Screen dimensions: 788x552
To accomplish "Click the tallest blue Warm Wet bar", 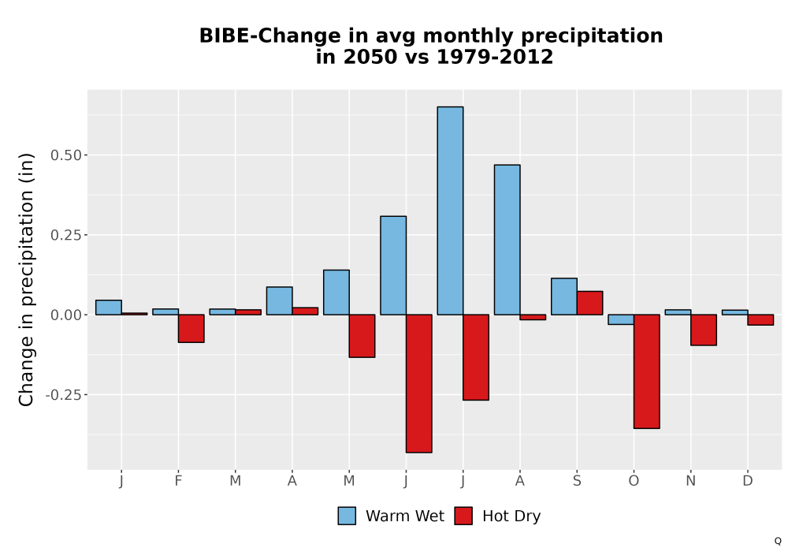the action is pos(450,211).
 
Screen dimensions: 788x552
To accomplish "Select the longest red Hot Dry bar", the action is pos(419,383).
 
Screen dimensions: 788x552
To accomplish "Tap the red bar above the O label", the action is pos(647,371).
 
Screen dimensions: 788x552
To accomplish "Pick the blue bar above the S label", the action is pos(564,297).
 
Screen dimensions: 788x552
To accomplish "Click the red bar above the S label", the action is pos(590,303).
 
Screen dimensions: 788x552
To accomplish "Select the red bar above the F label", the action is pos(191,328).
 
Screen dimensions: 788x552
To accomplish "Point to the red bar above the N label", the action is pos(704,330).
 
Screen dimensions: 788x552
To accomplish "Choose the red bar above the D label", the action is pos(761,319).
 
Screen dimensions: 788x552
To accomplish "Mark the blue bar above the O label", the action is pos(621,319).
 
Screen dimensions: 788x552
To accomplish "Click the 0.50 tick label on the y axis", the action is pos(66,155).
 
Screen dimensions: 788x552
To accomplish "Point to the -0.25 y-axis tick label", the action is pos(63,395).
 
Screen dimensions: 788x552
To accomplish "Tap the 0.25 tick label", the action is pos(66,235).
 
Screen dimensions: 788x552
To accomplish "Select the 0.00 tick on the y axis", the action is pos(66,315).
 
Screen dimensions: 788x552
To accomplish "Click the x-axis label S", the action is pos(577,481).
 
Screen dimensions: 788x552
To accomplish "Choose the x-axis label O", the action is pos(634,481).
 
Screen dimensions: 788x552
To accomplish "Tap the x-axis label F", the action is pos(178,481).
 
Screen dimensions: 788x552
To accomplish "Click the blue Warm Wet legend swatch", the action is pos(347,516).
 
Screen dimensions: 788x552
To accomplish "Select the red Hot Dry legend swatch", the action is pos(463,516).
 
